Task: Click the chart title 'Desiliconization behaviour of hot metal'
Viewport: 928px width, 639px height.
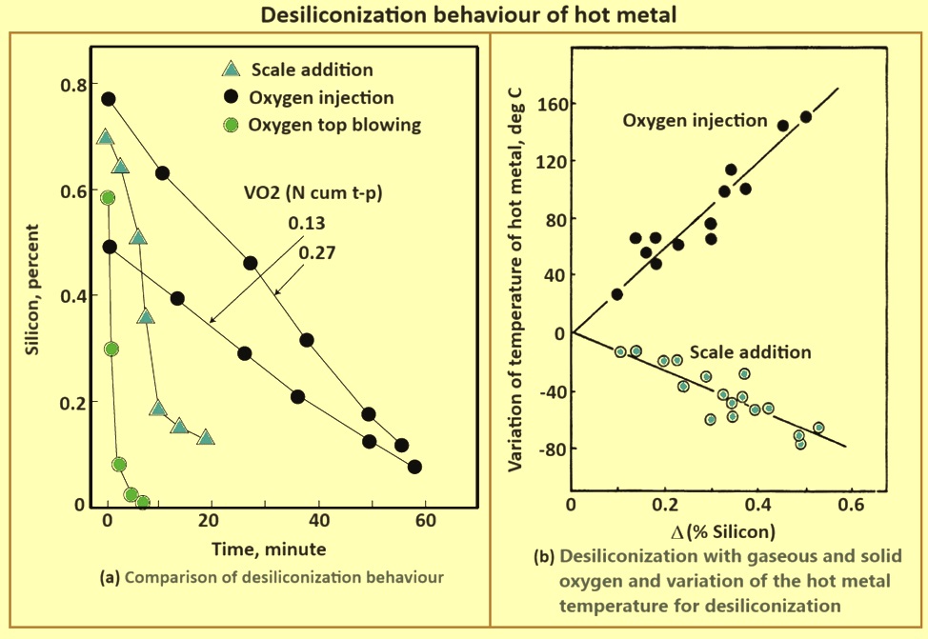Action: click(x=463, y=15)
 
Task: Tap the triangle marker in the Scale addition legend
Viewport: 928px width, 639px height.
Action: click(x=230, y=70)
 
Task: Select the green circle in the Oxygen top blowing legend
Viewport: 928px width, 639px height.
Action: click(x=230, y=125)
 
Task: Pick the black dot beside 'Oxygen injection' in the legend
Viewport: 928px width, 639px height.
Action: click(x=230, y=98)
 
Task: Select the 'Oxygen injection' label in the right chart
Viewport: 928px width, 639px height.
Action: click(x=695, y=121)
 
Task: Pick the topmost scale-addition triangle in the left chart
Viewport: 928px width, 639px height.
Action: click(x=105, y=137)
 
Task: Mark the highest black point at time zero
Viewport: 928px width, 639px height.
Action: click(x=109, y=99)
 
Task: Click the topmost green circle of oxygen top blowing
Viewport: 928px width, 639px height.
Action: click(x=108, y=198)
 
